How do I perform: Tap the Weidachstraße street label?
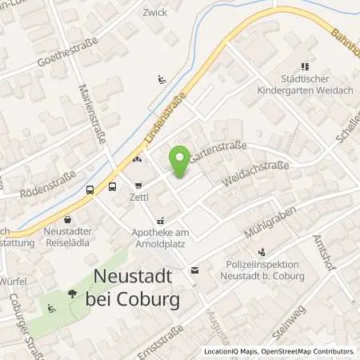(255, 172)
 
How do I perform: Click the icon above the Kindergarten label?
(305, 67)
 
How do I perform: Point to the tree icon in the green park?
(72, 294)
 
